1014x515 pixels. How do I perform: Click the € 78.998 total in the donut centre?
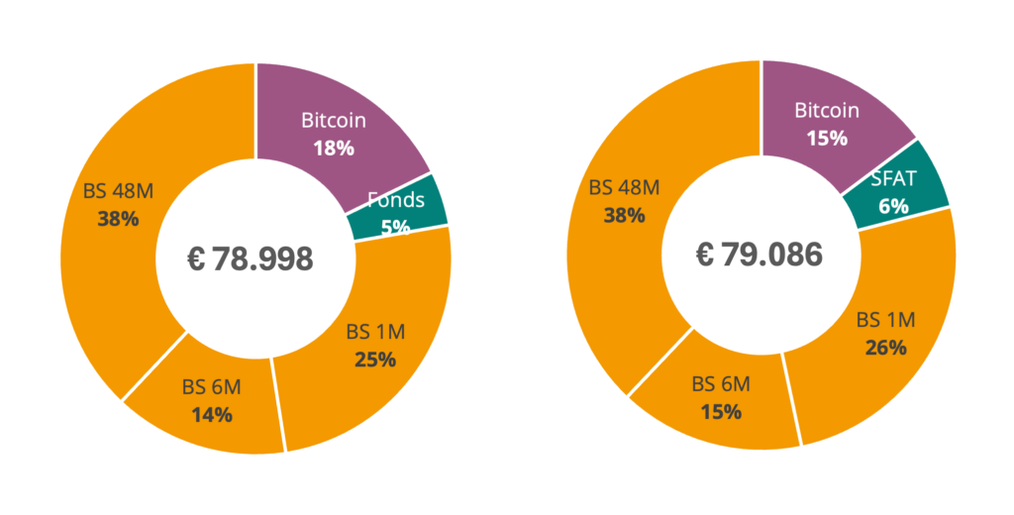(251, 258)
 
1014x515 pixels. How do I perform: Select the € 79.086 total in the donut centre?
(760, 255)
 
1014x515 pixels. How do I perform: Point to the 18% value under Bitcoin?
(334, 149)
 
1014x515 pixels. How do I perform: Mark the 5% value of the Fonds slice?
(395, 228)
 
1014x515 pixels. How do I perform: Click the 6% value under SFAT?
(894, 206)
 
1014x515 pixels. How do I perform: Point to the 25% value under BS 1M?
(375, 360)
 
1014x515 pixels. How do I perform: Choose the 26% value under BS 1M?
(886, 348)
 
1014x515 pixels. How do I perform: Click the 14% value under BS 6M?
(212, 415)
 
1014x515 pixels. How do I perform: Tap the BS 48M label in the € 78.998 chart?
(119, 191)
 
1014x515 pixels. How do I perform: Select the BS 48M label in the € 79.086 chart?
(624, 187)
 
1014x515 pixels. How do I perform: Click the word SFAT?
(894, 178)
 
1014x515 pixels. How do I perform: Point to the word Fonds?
(396, 200)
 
